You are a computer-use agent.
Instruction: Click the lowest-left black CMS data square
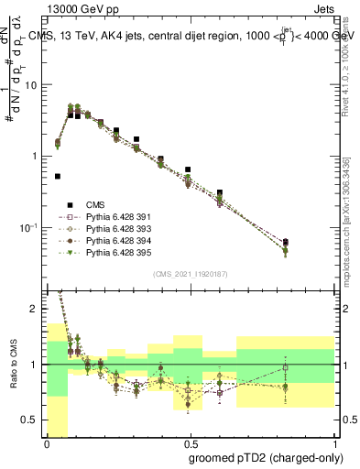pyautogui.click(x=58, y=176)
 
